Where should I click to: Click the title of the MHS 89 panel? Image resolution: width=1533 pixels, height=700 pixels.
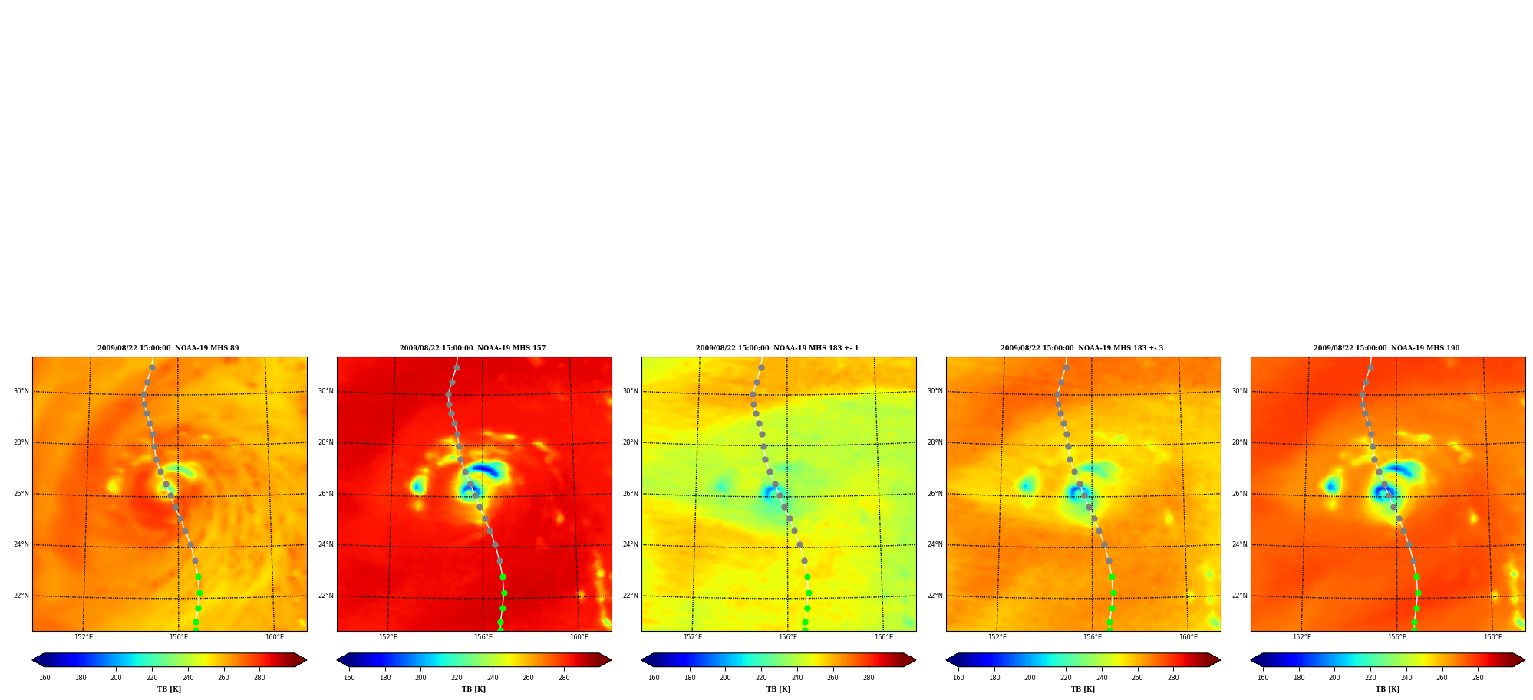168,348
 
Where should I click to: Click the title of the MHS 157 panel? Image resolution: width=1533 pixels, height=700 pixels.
473,348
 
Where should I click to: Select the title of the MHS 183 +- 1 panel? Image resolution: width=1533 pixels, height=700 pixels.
777,348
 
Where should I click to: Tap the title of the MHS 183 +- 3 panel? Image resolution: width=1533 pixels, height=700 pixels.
1082,348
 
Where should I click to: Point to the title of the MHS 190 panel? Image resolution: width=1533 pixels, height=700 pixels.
1386,348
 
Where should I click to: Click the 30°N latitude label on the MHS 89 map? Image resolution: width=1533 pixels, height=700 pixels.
21,391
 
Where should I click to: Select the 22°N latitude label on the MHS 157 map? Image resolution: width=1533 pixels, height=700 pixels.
325,596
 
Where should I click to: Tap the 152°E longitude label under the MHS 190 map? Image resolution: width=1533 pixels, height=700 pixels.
1302,637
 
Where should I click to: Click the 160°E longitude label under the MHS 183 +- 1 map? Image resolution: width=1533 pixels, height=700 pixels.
884,637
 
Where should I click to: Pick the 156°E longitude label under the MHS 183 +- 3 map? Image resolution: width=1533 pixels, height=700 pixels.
1093,637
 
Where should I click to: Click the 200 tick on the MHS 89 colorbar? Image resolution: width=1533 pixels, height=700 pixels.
116,677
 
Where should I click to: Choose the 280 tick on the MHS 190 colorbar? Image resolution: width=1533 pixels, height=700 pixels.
1478,677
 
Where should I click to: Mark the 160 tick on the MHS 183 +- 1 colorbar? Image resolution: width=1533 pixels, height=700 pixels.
654,677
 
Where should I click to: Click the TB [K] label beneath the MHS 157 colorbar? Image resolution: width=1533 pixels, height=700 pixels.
473,689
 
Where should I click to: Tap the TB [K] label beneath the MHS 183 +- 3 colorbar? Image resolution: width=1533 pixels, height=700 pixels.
1083,689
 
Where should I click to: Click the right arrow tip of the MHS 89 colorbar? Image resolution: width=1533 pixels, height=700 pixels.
306,660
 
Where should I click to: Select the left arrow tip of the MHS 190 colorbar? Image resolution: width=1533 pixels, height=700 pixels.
1251,660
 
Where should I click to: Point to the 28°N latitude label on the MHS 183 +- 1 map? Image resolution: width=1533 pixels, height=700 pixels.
630,442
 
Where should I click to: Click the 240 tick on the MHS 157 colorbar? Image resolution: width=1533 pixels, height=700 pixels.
493,677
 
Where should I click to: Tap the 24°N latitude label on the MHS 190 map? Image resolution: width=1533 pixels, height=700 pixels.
1239,544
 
